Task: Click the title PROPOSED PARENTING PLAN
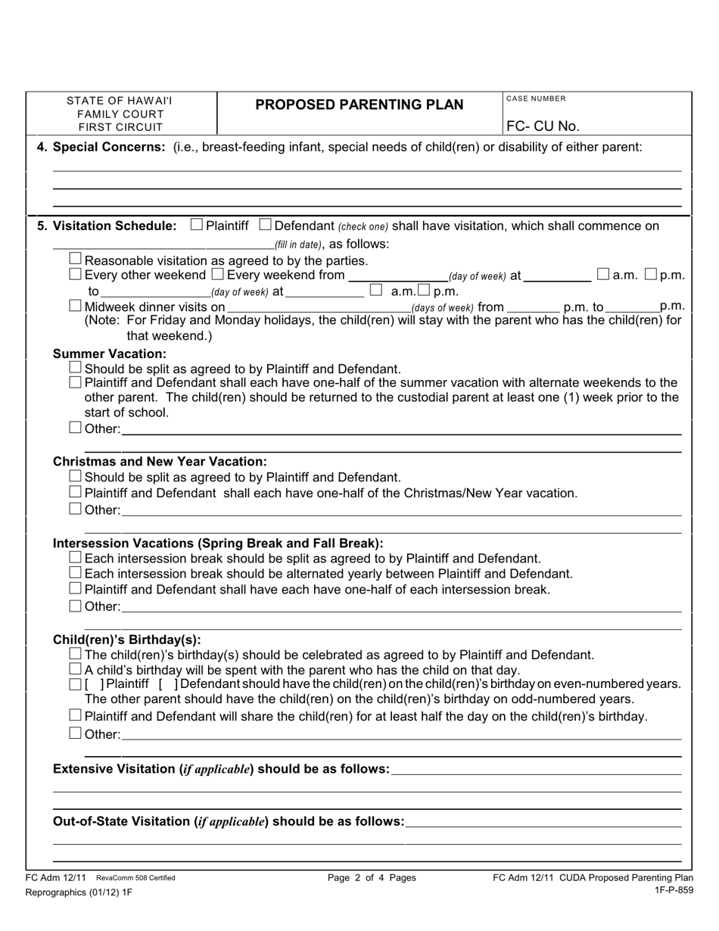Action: point(359,104)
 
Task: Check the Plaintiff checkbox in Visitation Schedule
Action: point(197,225)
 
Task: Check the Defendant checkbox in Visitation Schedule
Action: point(265,225)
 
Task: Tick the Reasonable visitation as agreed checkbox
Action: point(76,260)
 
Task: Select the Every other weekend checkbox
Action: point(76,274)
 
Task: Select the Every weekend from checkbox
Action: point(217,274)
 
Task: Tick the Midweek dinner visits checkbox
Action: point(76,307)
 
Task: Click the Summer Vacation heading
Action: point(110,353)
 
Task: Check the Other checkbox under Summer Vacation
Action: point(76,429)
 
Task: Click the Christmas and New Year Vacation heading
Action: point(160,461)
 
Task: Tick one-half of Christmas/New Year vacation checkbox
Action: point(76,493)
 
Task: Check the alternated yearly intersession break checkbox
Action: point(76,574)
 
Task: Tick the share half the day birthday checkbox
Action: point(76,715)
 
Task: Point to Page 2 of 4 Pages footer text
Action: point(372,878)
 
